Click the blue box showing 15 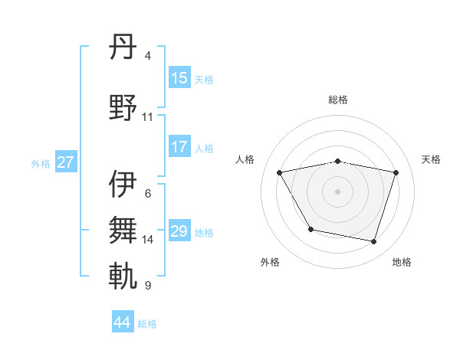[179, 77]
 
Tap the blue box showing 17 [179, 147]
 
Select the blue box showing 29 [179, 231]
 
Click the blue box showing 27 [65, 162]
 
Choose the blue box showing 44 [122, 322]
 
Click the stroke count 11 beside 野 [147, 117]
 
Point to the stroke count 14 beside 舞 [148, 240]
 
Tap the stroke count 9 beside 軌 [148, 286]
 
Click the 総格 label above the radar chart [337, 100]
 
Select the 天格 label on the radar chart [431, 159]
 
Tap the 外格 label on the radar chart [270, 262]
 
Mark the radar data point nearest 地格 [373, 242]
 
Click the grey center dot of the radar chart [337, 191]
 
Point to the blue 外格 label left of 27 [41, 163]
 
